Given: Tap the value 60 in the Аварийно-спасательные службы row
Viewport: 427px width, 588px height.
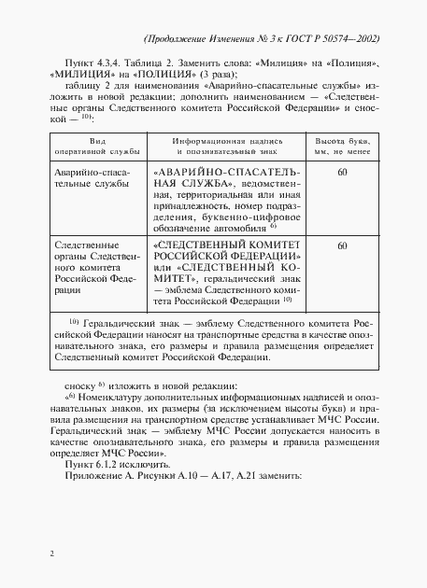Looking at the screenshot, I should point(342,173).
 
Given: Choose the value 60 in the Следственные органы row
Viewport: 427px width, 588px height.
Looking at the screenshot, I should point(342,245).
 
